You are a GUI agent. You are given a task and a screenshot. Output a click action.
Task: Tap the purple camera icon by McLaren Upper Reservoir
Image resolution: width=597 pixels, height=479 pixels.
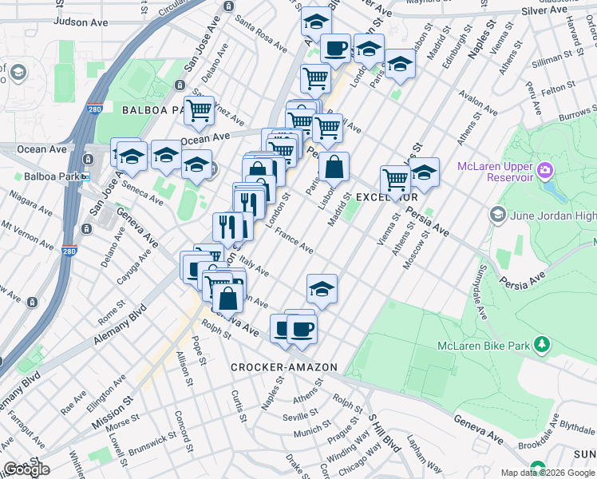(x=545, y=169)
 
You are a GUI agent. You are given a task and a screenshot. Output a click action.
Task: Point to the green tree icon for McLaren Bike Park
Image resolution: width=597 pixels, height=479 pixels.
(x=543, y=345)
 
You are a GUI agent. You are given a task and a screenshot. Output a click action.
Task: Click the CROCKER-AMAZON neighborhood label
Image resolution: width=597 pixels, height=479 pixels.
(x=284, y=367)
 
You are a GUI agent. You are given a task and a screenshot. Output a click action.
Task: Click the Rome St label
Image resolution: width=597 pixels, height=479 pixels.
(x=108, y=313)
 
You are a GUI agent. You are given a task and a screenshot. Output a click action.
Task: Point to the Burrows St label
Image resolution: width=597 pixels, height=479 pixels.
(x=577, y=117)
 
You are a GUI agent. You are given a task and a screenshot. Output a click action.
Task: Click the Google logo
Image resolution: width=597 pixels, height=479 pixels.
(x=26, y=469)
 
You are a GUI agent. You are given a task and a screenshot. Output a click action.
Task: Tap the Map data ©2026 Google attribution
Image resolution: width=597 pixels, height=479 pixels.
(x=548, y=473)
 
